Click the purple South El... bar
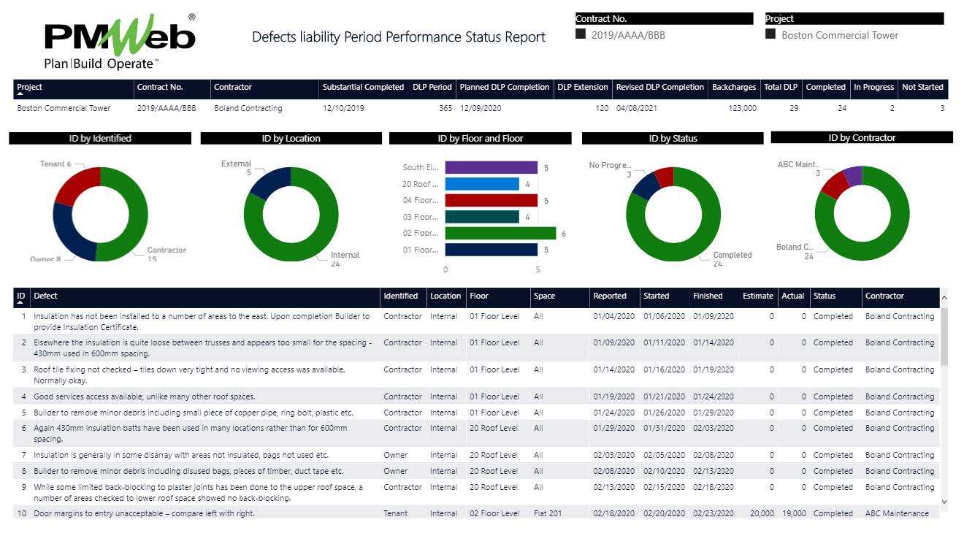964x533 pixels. pyautogui.click(x=491, y=168)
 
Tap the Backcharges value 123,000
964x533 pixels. pyautogui.click(x=742, y=108)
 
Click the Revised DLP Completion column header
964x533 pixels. pyautogui.click(x=659, y=88)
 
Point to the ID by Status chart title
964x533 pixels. pyautogui.click(x=673, y=138)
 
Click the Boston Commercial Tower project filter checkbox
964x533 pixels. pyautogui.click(x=770, y=34)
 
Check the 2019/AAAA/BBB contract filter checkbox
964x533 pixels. pyautogui.click(x=581, y=34)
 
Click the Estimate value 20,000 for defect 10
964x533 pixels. pyautogui.click(x=761, y=514)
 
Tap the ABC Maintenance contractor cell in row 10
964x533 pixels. pyautogui.click(x=897, y=514)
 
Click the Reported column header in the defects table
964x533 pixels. pyautogui.click(x=610, y=296)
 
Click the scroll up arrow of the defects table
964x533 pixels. pyautogui.click(x=944, y=298)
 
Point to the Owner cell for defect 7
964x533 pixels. pyautogui.click(x=396, y=456)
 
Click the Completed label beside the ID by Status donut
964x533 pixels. pyautogui.click(x=732, y=256)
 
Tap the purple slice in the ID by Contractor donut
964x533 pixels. pyautogui.click(x=852, y=175)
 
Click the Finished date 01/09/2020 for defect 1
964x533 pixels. pyautogui.click(x=713, y=317)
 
